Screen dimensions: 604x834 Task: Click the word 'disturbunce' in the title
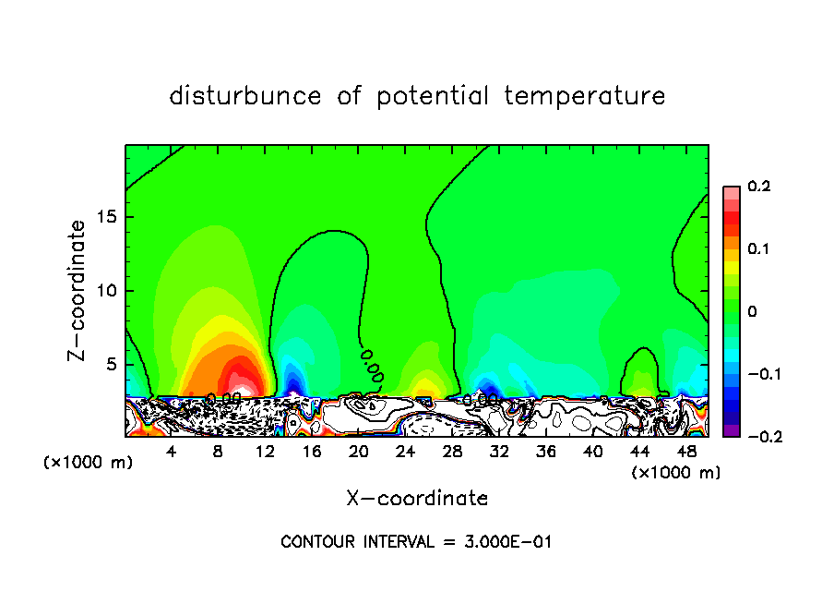click(245, 96)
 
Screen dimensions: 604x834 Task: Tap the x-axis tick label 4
click(172, 453)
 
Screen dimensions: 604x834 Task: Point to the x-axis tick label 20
click(358, 453)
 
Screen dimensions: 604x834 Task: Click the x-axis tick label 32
click(499, 453)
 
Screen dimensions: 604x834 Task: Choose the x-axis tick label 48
click(686, 453)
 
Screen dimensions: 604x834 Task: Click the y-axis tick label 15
click(106, 217)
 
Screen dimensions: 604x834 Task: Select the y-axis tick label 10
click(106, 291)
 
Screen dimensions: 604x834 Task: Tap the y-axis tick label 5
click(111, 365)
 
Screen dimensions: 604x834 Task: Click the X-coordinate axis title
click(417, 499)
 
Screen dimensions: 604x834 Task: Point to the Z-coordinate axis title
click(77, 290)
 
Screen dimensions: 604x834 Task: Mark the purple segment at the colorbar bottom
click(731, 430)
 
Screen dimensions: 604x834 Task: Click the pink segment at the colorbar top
click(731, 191)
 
